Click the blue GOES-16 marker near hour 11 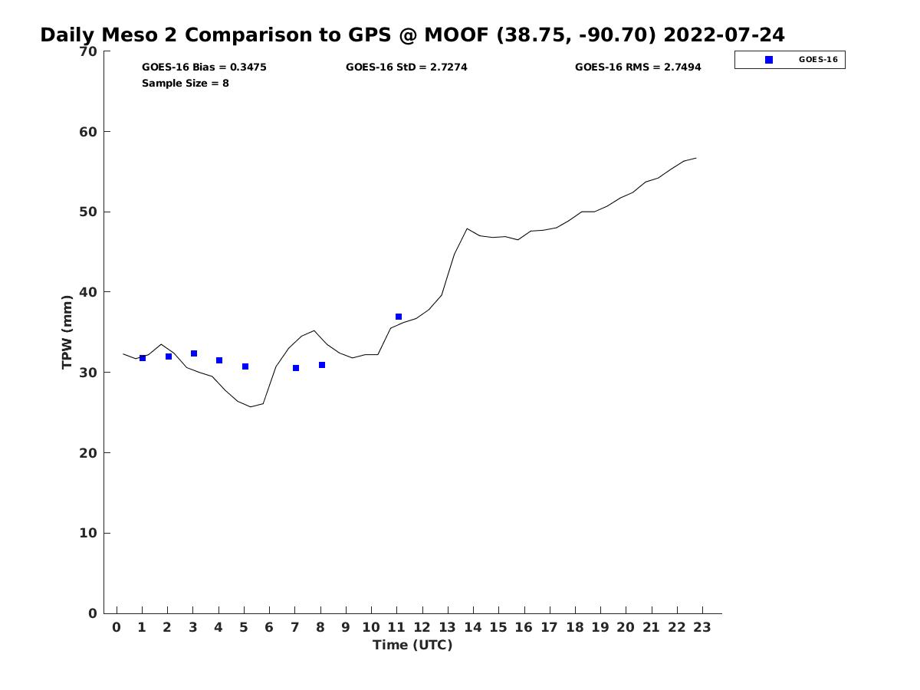coord(399,317)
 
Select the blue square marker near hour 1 coord(143,358)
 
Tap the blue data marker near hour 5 coord(245,366)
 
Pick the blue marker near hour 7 coord(296,368)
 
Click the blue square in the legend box coord(769,60)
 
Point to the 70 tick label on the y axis coord(88,51)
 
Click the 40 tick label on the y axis coord(88,292)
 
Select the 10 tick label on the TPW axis coord(88,533)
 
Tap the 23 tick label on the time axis coord(702,627)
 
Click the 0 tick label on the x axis coord(117,627)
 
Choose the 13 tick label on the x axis coord(447,627)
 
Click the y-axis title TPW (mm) coord(67,332)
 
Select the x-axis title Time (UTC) coord(412,645)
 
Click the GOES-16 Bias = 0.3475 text coord(204,67)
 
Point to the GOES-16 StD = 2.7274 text coord(406,67)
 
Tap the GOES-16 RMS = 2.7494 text coord(638,67)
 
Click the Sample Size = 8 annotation coord(186,83)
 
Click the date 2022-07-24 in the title coord(724,35)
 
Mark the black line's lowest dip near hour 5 coord(250,406)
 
